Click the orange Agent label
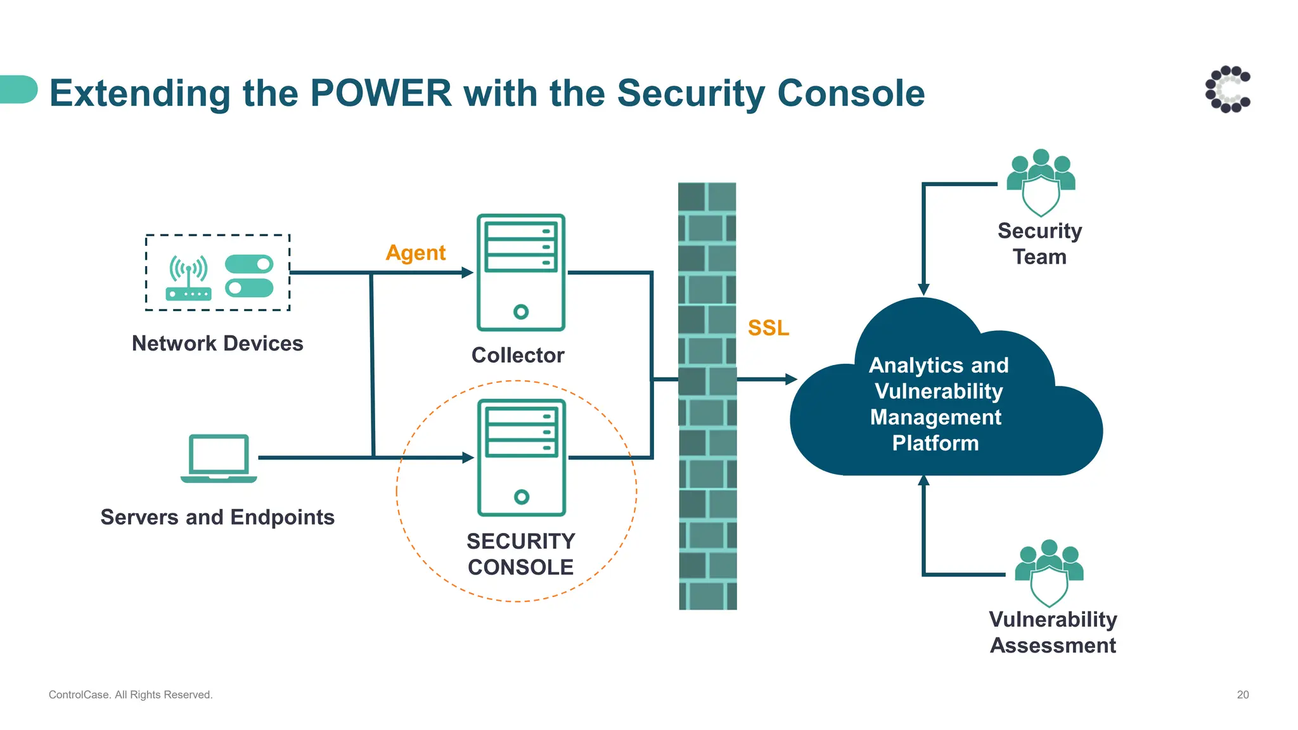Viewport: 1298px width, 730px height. (415, 253)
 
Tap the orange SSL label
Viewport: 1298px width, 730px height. (768, 328)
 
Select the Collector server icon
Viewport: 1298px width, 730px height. (520, 272)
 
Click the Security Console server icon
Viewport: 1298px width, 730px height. (521, 457)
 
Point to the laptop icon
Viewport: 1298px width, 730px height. (219, 459)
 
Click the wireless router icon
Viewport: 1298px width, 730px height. (188, 278)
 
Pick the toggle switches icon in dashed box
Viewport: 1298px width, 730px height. (249, 276)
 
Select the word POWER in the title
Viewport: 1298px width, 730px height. (380, 93)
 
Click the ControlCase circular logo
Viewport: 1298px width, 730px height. (1228, 89)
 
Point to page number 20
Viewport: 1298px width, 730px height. (1242, 695)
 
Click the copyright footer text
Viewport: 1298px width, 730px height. (131, 695)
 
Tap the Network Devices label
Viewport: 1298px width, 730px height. (217, 343)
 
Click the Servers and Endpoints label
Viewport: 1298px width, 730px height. (217, 517)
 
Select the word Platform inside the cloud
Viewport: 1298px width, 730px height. (935, 443)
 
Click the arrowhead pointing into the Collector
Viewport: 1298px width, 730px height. (468, 273)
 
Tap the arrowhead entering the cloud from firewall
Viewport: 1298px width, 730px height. (791, 380)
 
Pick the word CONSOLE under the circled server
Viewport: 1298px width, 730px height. (520, 567)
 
